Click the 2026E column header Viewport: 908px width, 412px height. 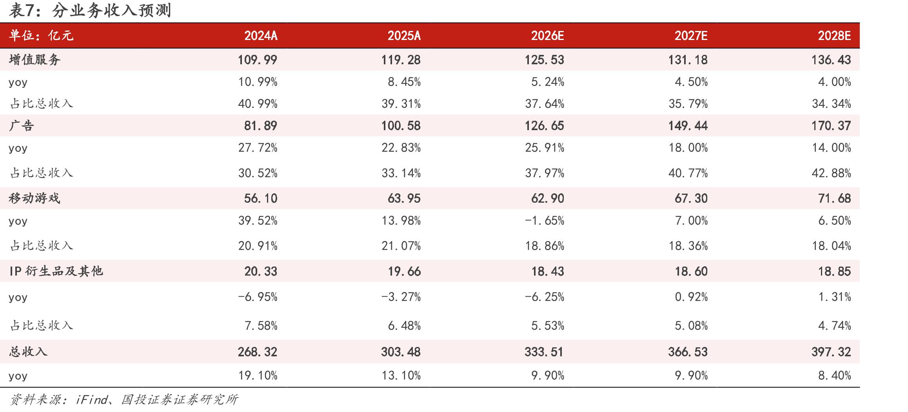[547, 36]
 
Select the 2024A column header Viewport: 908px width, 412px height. [261, 36]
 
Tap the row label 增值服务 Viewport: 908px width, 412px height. [35, 60]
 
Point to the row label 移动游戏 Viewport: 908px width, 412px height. [35, 198]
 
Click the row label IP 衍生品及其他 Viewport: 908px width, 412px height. [56, 271]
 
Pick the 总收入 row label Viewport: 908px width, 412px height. [28, 351]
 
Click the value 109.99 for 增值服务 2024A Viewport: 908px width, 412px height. [258, 60]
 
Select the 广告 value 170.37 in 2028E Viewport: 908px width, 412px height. [831, 125]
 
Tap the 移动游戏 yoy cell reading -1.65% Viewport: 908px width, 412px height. [545, 221]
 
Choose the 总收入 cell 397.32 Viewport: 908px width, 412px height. [831, 352]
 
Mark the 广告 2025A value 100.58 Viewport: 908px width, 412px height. [401, 125]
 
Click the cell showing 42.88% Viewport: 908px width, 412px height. [831, 173]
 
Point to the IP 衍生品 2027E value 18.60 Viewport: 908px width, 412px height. [691, 271]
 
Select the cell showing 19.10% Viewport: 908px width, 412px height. [258, 376]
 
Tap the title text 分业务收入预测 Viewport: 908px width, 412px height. [112, 11]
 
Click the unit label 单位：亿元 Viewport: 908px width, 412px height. [41, 35]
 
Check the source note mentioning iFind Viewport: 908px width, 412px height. [124, 399]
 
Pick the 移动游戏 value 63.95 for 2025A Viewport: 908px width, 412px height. [404, 198]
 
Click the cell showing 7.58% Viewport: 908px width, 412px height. [261, 325]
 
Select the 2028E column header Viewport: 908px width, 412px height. [834, 36]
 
